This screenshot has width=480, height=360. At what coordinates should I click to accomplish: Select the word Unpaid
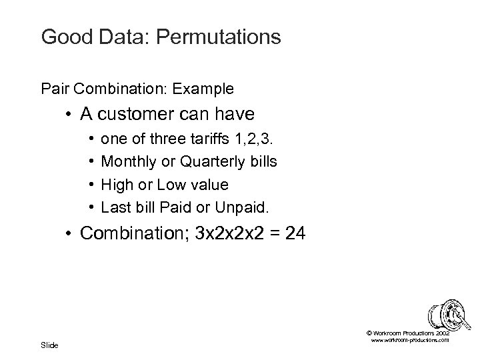point(242,207)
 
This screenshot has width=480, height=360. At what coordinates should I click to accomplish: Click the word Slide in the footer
point(49,345)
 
